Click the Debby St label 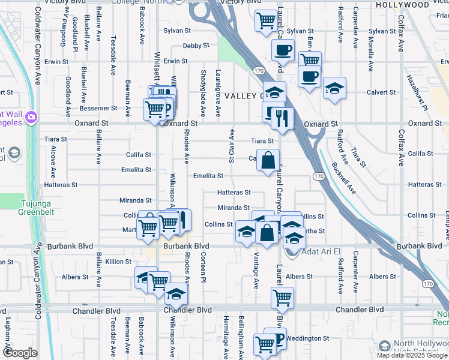pos(196,46)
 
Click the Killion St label pos(118,262)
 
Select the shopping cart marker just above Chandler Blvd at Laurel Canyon pos(282,297)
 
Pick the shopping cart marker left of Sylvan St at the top pos(265,20)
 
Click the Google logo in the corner pos(20,353)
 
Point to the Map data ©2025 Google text pos(412,356)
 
